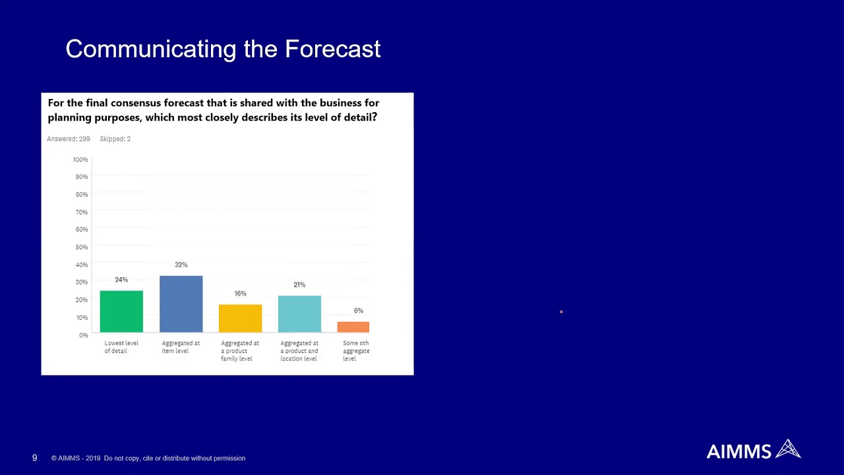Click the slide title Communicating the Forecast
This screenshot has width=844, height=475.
223,49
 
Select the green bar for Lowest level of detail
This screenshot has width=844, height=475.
121,311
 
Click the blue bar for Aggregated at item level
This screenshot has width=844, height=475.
181,304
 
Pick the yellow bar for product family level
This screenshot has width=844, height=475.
240,318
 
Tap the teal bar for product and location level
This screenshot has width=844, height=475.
299,314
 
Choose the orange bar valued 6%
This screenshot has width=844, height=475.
353,327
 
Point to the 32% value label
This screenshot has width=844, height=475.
181,265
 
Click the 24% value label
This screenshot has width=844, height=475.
121,280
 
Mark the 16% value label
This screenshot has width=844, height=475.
240,294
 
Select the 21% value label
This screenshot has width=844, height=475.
299,285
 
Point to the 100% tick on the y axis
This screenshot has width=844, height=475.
80,160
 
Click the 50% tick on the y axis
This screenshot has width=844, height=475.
81,247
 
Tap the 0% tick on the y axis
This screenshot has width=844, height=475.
83,335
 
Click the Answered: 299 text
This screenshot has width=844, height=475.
69,139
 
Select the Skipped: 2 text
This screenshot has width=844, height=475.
115,139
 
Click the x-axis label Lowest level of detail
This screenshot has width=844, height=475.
121,347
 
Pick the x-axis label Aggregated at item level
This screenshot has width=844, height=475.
181,347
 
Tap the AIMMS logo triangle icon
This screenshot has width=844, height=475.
788,449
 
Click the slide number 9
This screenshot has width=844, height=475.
34,458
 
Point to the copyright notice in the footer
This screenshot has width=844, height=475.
148,459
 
